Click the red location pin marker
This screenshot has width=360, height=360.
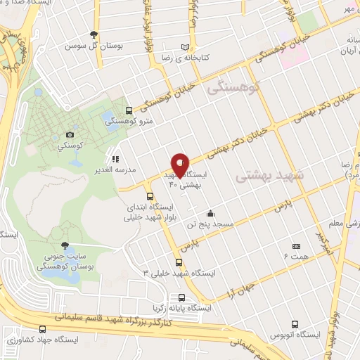click(181, 165)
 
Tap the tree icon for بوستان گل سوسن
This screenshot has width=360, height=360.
click(94, 34)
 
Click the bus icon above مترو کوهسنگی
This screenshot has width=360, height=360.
click(128, 110)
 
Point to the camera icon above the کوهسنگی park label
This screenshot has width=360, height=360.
click(70, 134)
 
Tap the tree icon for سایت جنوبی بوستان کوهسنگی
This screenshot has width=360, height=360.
click(65, 245)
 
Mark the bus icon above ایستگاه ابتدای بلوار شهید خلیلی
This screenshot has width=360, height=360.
click(149, 197)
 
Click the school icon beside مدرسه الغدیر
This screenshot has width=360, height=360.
click(115, 159)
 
